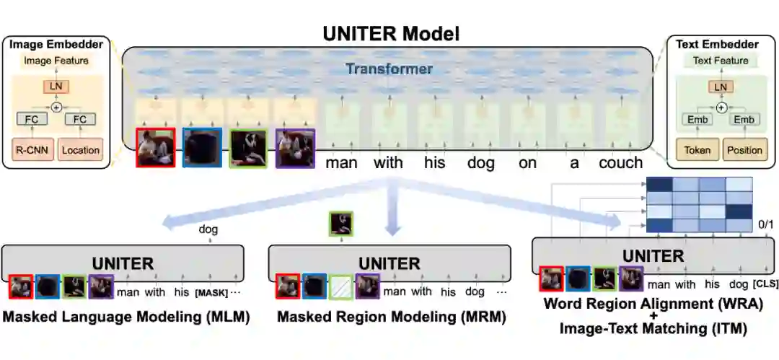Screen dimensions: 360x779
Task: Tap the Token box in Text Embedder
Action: tap(697, 150)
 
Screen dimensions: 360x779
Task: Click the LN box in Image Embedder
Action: tap(56, 87)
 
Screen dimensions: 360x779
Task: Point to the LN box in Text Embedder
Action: tap(720, 87)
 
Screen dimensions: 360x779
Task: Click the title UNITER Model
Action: tap(390, 33)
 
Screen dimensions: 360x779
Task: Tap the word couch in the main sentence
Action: tap(620, 163)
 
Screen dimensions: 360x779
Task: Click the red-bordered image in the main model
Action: tap(156, 148)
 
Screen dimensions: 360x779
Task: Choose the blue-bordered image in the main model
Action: tap(202, 148)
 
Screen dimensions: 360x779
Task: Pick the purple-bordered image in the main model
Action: tap(295, 148)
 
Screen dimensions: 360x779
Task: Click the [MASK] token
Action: tap(211, 292)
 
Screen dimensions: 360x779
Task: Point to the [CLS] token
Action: tap(765, 285)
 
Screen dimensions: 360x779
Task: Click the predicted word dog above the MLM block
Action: tap(208, 230)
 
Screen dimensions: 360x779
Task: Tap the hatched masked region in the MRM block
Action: tap(340, 287)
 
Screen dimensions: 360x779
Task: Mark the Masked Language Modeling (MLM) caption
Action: tap(126, 317)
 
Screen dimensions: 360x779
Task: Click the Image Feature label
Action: tap(56, 61)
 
